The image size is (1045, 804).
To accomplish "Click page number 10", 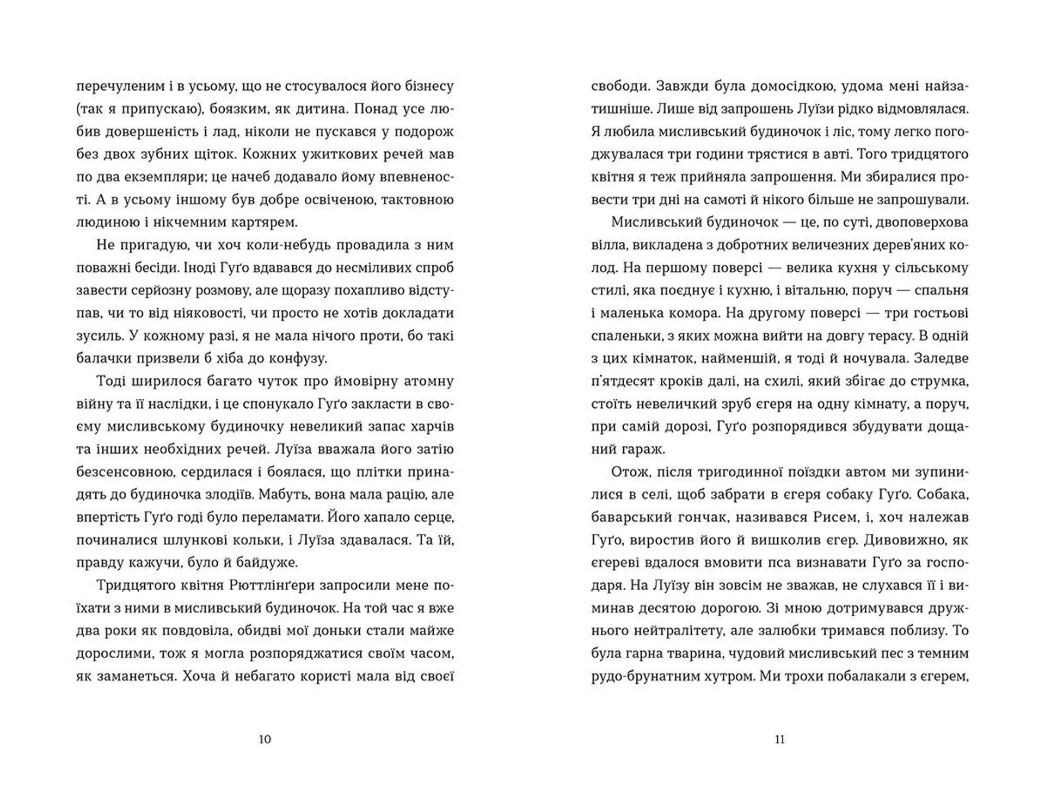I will click(x=265, y=739).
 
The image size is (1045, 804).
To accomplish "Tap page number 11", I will click(x=779, y=739).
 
